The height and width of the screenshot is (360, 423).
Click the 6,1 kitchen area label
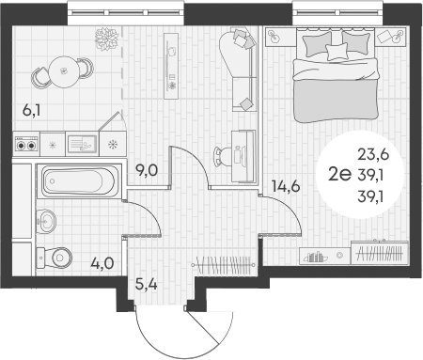pyautogui.click(x=31, y=111)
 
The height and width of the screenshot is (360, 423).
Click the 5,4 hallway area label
pyautogui.click(x=147, y=280)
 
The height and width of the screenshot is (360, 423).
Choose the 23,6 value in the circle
pyautogui.click(x=371, y=155)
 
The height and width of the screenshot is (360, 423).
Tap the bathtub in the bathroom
pyautogui.click(x=77, y=180)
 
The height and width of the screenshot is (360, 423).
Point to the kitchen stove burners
pyautogui.click(x=26, y=145)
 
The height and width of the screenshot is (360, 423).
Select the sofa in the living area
pyautogui.click(x=241, y=66)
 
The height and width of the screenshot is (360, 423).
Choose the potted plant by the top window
pyautogui.click(x=104, y=37)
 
